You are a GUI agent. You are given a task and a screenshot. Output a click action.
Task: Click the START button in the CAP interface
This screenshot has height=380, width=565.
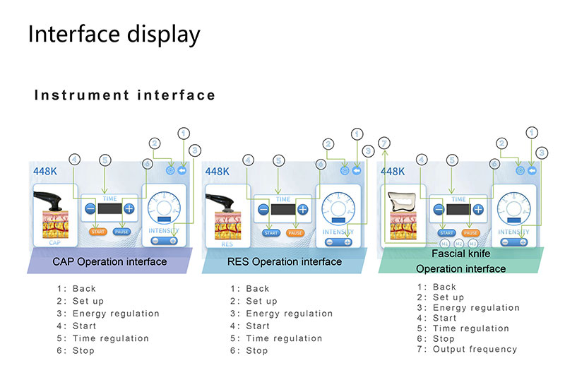click(x=97, y=232)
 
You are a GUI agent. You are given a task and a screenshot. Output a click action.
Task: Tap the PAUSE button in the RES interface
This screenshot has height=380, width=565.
click(x=295, y=233)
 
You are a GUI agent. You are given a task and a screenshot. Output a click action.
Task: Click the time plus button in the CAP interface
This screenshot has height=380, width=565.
click(x=129, y=209)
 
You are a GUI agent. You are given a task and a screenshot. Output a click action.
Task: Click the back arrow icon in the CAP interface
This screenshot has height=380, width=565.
click(x=182, y=170)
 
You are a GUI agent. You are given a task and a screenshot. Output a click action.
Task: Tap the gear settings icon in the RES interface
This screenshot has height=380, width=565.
click(x=344, y=170)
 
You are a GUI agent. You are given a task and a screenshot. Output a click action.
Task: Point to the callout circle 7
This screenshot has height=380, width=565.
click(x=383, y=143)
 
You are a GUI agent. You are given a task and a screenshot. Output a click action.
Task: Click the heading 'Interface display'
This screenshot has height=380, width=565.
click(x=114, y=35)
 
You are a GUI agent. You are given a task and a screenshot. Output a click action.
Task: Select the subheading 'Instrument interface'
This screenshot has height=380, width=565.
click(x=125, y=95)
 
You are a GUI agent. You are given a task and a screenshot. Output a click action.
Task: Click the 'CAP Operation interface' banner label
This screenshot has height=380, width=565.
click(x=109, y=262)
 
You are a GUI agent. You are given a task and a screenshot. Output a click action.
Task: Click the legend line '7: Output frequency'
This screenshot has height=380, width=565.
click(x=467, y=349)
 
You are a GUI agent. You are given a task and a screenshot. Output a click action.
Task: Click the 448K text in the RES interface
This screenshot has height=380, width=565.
click(x=218, y=172)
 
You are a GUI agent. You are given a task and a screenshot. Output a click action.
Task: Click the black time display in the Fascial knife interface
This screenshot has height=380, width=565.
click(x=458, y=210)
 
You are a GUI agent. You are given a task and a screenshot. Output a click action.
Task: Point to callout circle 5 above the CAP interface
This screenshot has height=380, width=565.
click(x=105, y=160)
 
